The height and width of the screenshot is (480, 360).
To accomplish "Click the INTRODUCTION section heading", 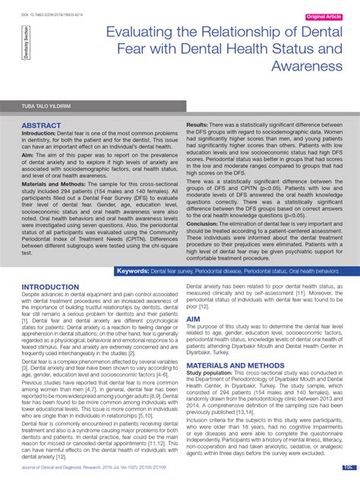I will [x=51, y=288].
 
